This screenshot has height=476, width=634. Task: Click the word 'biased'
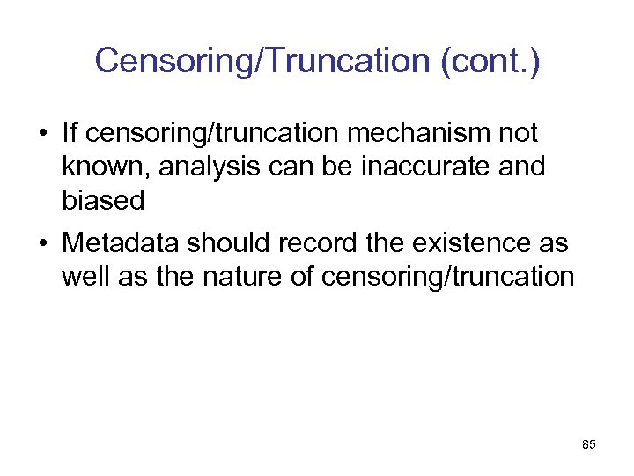pyautogui.click(x=103, y=201)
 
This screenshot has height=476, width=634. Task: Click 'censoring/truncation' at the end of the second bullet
pyautogui.click(x=448, y=276)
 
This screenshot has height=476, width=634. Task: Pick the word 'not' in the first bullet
pyautogui.click(x=517, y=134)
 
